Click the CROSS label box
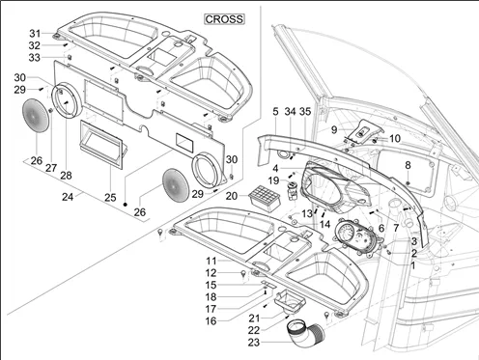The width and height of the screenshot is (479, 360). pyautogui.click(x=224, y=19)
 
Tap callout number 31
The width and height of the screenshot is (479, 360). pyautogui.click(x=35, y=33)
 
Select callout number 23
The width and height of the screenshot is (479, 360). pyautogui.click(x=254, y=343)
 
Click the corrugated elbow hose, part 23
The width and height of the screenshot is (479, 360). pyautogui.click(x=305, y=331)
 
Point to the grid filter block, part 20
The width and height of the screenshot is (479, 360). pyautogui.click(x=265, y=198)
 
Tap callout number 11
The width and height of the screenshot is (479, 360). pyautogui.click(x=211, y=261)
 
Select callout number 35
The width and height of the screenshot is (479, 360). pyautogui.click(x=305, y=111)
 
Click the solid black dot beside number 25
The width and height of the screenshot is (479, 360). pyautogui.click(x=126, y=204)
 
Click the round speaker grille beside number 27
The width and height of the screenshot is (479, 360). pyautogui.click(x=36, y=115)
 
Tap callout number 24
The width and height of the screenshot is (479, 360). pyautogui.click(x=68, y=197)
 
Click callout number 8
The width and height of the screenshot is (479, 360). pyautogui.click(x=408, y=165)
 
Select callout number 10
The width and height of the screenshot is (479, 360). pyautogui.click(x=395, y=139)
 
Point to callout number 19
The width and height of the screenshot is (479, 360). pyautogui.click(x=273, y=180)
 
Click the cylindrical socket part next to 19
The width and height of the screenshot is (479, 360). pyautogui.click(x=293, y=190)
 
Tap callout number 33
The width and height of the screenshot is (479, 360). pyautogui.click(x=35, y=58)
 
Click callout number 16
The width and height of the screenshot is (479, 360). pyautogui.click(x=211, y=320)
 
